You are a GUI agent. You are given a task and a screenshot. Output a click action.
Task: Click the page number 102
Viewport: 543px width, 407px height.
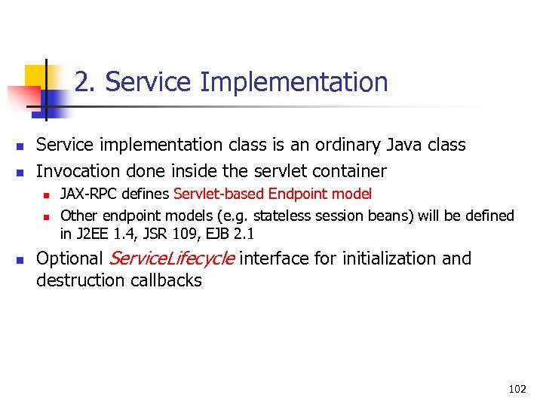click(x=517, y=389)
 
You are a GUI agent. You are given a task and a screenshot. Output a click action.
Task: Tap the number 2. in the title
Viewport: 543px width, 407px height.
click(x=86, y=82)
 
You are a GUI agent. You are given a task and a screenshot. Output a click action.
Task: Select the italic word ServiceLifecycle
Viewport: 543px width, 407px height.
click(x=172, y=259)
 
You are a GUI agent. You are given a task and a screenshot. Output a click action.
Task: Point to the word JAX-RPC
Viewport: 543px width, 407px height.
click(x=87, y=194)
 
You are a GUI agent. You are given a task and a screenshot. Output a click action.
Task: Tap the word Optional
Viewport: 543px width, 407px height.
click(x=69, y=259)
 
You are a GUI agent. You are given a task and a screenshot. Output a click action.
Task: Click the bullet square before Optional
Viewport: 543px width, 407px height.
click(x=21, y=260)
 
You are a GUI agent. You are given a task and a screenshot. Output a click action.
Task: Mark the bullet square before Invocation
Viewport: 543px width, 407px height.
click(x=21, y=172)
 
